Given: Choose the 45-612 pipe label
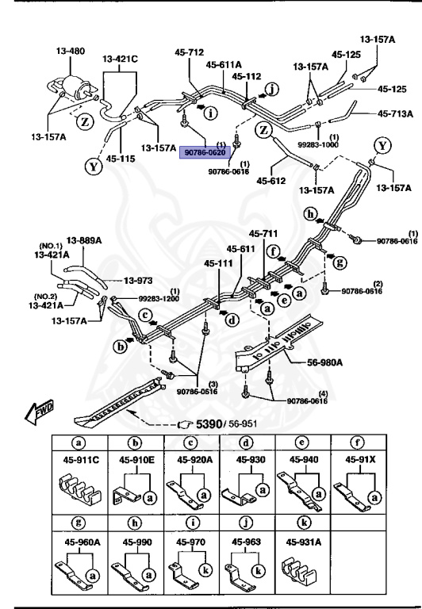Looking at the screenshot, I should tap(272, 181).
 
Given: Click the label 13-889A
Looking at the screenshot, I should tap(84, 240).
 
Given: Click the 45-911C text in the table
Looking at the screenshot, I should tap(80, 459).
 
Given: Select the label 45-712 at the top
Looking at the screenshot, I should tap(190, 52).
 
